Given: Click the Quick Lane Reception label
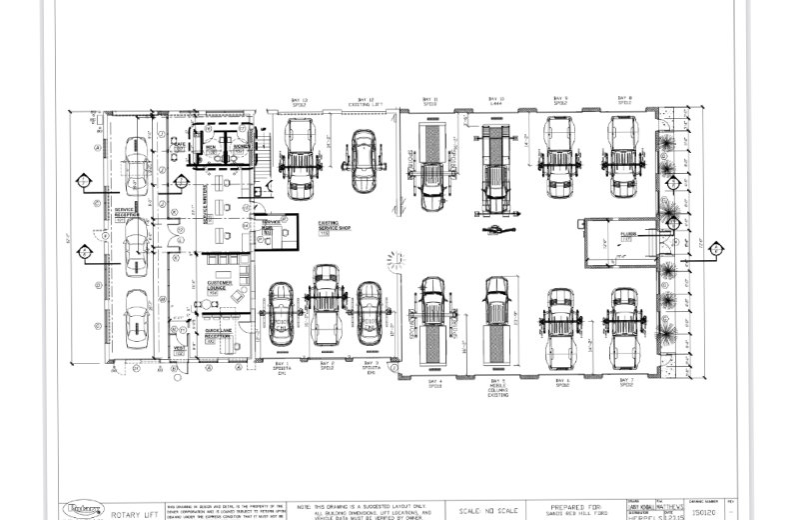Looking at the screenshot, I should point(219,333).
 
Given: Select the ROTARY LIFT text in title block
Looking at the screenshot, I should point(131,513).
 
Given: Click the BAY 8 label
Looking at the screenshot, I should point(625,100).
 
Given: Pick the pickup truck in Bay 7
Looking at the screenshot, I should point(625,325).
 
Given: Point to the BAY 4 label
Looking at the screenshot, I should point(434,383).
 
